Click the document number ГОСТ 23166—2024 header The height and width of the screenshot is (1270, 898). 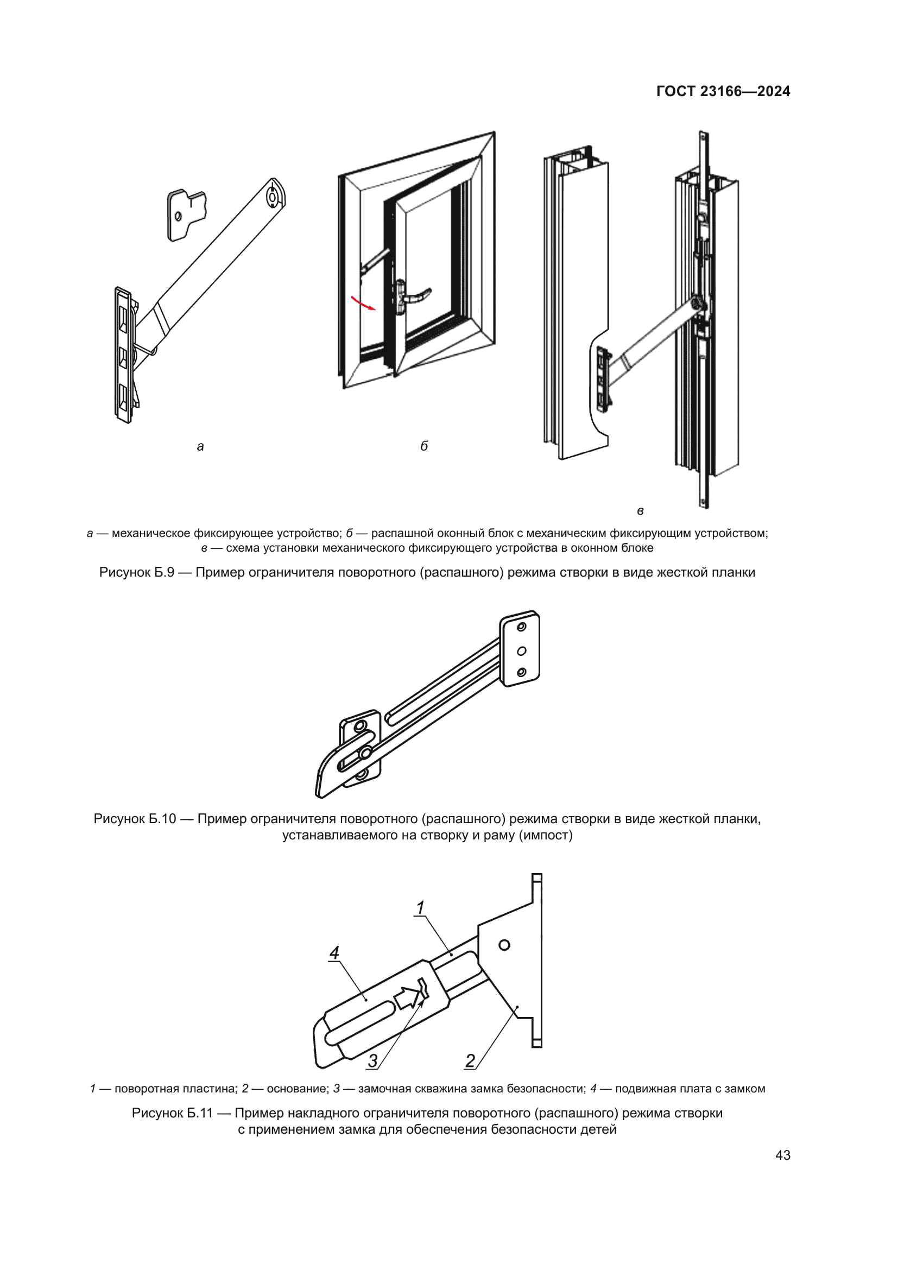723,91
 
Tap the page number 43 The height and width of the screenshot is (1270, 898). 782,1155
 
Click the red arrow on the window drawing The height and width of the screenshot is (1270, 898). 364,304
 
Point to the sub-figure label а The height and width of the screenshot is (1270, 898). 200,446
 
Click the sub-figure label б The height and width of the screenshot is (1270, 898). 424,446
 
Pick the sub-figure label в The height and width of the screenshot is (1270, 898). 640,511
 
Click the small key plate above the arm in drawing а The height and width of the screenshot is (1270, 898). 187,214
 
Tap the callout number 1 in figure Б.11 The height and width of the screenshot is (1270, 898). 420,908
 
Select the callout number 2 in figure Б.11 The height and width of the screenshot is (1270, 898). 470,1060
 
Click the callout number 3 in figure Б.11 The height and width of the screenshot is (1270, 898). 372,1060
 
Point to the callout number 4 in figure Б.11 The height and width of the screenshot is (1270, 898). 334,952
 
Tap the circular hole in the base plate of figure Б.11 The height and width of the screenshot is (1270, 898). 504,945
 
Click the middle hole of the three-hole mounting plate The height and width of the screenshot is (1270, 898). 521,651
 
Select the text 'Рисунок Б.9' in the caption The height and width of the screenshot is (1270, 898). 137,572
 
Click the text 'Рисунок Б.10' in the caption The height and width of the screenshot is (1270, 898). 134,819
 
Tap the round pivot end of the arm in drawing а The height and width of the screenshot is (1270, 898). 273,197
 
